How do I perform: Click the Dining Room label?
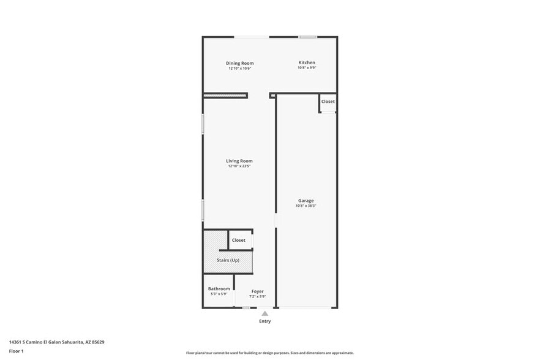(x=239, y=63)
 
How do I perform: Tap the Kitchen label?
(x=307, y=62)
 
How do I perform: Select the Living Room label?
(x=239, y=161)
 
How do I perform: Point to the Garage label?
(x=306, y=201)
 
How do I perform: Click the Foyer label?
(x=257, y=291)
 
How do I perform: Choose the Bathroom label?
(x=219, y=289)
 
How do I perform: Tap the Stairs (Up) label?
(x=228, y=260)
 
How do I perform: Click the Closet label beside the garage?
(x=328, y=102)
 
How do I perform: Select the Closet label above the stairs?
(x=238, y=240)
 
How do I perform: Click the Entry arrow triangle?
(x=264, y=313)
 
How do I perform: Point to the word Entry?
(x=264, y=321)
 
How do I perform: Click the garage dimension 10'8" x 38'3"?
(x=306, y=206)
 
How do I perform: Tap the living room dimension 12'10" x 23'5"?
(x=239, y=166)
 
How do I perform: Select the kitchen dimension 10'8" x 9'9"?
(x=307, y=68)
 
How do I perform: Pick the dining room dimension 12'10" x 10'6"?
(x=239, y=69)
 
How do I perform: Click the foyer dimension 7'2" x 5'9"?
(x=257, y=296)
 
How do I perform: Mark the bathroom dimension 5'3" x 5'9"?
(x=219, y=294)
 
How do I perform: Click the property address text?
(x=52, y=342)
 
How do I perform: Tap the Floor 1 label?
(x=16, y=351)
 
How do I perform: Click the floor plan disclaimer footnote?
(x=269, y=353)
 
